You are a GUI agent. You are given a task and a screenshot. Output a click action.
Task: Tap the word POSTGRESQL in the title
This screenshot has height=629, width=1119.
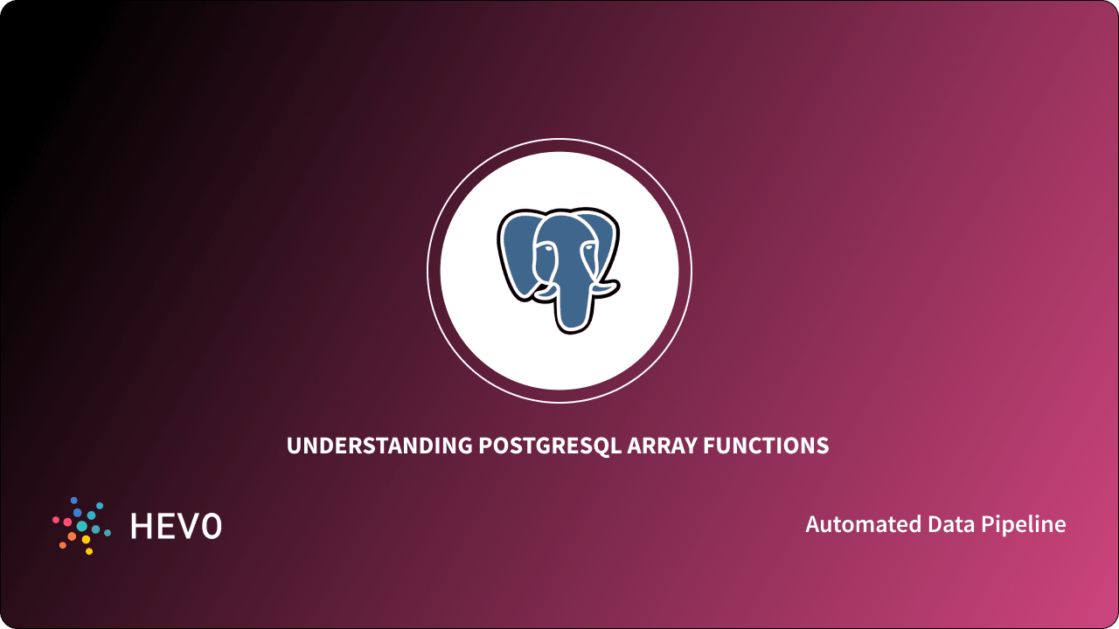(551, 446)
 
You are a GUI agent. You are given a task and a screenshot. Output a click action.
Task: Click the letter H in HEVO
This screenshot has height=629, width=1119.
(142, 525)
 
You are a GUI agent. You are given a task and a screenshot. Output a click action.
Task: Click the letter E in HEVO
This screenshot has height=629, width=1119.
(166, 525)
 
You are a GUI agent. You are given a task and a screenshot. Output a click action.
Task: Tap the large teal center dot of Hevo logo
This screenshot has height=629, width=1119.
(82, 526)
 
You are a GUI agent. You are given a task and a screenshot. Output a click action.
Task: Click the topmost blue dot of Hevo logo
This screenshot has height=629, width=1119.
(74, 501)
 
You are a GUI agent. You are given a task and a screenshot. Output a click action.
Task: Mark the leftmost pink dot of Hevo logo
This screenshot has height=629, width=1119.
(56, 521)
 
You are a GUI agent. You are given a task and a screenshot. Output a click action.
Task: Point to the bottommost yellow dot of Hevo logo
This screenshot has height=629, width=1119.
(88, 551)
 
